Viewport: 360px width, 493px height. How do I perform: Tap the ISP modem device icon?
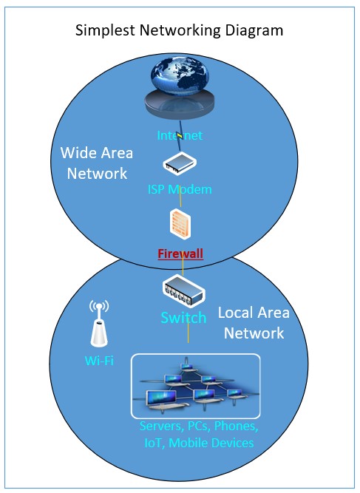(180, 163)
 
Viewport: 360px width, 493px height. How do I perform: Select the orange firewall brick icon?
(180, 225)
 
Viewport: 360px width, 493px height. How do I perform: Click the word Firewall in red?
(180, 254)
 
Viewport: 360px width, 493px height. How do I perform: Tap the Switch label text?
(183, 318)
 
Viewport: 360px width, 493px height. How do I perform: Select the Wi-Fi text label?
(99, 360)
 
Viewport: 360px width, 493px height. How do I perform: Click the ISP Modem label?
(180, 189)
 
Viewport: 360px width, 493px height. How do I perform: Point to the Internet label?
(180, 135)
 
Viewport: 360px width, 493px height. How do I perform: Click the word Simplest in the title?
(105, 31)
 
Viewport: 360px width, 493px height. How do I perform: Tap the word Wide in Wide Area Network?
(77, 153)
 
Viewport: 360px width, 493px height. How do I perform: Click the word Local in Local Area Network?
(236, 313)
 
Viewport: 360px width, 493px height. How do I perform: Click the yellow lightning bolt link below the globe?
(180, 136)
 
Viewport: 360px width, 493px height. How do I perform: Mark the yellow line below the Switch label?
(189, 333)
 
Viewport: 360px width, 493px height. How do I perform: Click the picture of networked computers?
(196, 387)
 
